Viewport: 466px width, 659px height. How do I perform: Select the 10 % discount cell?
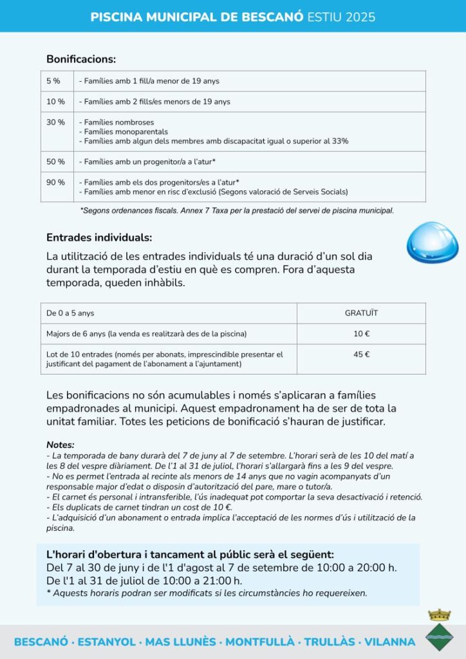[x=55, y=102]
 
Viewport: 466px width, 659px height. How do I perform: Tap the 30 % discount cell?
[x=55, y=122]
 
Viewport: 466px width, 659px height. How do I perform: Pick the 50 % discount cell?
[x=55, y=162]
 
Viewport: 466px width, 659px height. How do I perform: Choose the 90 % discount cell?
[x=55, y=182]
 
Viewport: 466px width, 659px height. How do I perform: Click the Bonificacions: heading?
[x=81, y=59]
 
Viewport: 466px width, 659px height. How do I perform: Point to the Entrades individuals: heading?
[x=99, y=237]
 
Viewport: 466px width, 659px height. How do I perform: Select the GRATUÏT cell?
[x=361, y=313]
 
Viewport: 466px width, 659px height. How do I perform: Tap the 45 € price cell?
[x=361, y=354]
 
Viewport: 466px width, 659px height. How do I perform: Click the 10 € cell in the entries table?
[x=361, y=334]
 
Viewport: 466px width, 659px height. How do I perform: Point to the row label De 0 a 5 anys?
[x=70, y=313]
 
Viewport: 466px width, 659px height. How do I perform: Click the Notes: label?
[x=61, y=445]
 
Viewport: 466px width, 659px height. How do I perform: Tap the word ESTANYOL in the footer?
[x=108, y=642]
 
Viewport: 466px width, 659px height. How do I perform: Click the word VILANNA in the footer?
[x=390, y=642]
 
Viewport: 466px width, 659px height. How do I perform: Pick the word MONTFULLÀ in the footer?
[x=260, y=642]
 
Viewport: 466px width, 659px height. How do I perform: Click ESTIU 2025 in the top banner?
[x=342, y=16]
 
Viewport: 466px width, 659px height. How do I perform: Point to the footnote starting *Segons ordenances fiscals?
[x=236, y=210]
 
